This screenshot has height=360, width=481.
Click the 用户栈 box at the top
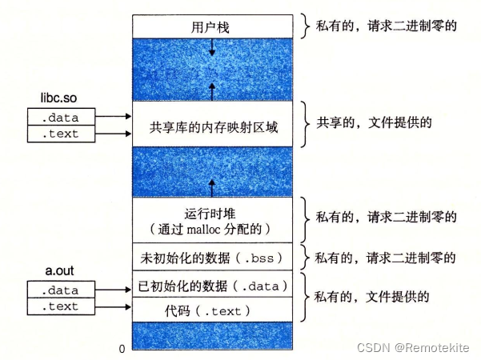pyautogui.click(x=212, y=26)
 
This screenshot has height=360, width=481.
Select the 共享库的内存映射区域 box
pyautogui.click(x=212, y=124)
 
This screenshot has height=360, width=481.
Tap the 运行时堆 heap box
pyautogui.click(x=212, y=220)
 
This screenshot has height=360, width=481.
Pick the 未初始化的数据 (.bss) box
pyautogui.click(x=212, y=257)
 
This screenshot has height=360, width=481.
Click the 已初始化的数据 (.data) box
pyautogui.click(x=212, y=284)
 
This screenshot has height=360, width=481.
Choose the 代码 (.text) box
pyautogui.click(x=212, y=310)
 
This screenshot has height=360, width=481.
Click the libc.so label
pyautogui.click(x=58, y=98)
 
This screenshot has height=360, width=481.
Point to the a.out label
pyautogui.click(x=59, y=270)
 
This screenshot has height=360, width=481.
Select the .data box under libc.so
pyautogui.click(x=61, y=117)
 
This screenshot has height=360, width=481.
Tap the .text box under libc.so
pyautogui.click(x=61, y=134)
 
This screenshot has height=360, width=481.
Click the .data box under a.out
pyautogui.click(x=61, y=289)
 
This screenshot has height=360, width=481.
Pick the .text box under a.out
pyautogui.click(x=61, y=306)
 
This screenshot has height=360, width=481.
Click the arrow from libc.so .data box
pyautogui.click(x=113, y=116)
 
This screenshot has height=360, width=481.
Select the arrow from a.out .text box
pyautogui.click(x=113, y=306)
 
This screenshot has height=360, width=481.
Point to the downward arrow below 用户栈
pyautogui.click(x=212, y=47)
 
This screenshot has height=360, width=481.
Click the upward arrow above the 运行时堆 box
pyautogui.click(x=212, y=188)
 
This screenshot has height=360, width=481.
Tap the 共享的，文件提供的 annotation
pyautogui.click(x=374, y=122)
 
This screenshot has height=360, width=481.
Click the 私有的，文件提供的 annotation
pyautogui.click(x=371, y=297)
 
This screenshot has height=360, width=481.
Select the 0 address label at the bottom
pyautogui.click(x=122, y=349)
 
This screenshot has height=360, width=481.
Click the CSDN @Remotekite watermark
pyautogui.click(x=413, y=348)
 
